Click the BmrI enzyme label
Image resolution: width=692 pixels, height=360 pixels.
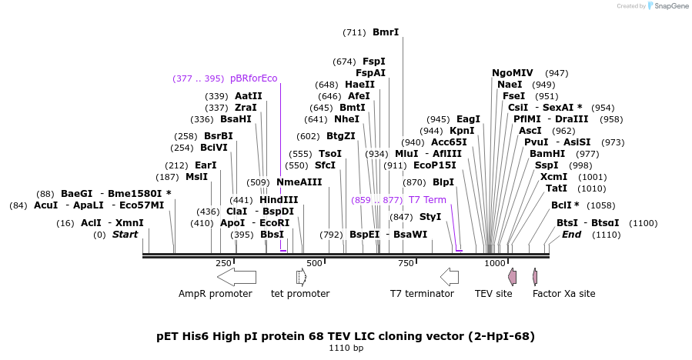pyautogui.click(x=386, y=32)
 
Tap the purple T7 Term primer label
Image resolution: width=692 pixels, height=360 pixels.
pyautogui.click(x=427, y=200)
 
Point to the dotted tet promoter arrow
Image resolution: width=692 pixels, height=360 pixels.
pyautogui.click(x=301, y=276)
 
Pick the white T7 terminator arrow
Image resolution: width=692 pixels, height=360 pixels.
pyautogui.click(x=449, y=276)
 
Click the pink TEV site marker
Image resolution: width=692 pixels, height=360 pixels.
pyautogui.click(x=512, y=276)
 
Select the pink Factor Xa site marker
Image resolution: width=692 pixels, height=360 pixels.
pyautogui.click(x=535, y=276)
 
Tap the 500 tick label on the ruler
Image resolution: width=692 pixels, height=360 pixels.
pyautogui.click(x=314, y=264)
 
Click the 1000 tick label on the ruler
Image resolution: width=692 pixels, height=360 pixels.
pyautogui.click(x=495, y=264)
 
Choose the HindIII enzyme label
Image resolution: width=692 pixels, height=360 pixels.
pyautogui.click(x=279, y=200)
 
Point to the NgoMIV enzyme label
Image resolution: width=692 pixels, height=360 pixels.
pyautogui.click(x=513, y=73)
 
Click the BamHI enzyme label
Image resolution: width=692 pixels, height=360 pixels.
pyautogui.click(x=547, y=154)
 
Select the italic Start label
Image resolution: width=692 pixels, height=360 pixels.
pyautogui.click(x=125, y=235)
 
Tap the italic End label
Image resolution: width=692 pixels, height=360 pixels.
pyautogui.click(x=571, y=235)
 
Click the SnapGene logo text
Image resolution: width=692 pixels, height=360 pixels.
pyautogui.click(x=669, y=6)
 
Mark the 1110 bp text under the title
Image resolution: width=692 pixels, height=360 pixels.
pyautogui.click(x=346, y=348)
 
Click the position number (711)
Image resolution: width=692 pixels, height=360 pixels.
pyautogui.click(x=354, y=32)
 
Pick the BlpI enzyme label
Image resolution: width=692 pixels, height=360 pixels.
pyautogui.click(x=443, y=182)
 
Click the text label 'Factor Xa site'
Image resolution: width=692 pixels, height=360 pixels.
pyautogui.click(x=563, y=294)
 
